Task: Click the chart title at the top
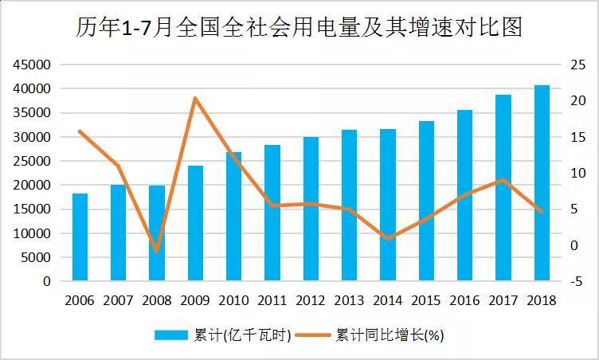pyautogui.click(x=299, y=29)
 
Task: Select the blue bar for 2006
pyautogui.click(x=80, y=237)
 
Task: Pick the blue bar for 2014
pyautogui.click(x=388, y=205)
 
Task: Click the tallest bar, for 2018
pyautogui.click(x=542, y=182)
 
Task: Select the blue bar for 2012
pyautogui.click(x=311, y=209)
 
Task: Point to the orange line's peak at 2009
pyautogui.click(x=195, y=99)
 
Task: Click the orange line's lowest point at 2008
pyautogui.click(x=157, y=251)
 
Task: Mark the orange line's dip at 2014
pyautogui.click(x=388, y=238)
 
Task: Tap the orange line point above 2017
pyautogui.click(x=503, y=179)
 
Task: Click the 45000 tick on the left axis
pyautogui.click(x=33, y=65)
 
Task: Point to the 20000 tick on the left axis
pyautogui.click(x=33, y=185)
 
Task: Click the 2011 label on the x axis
pyautogui.click(x=272, y=301)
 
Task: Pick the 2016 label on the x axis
pyautogui.click(x=464, y=301)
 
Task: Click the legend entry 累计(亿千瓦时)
pyautogui.click(x=223, y=335)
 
